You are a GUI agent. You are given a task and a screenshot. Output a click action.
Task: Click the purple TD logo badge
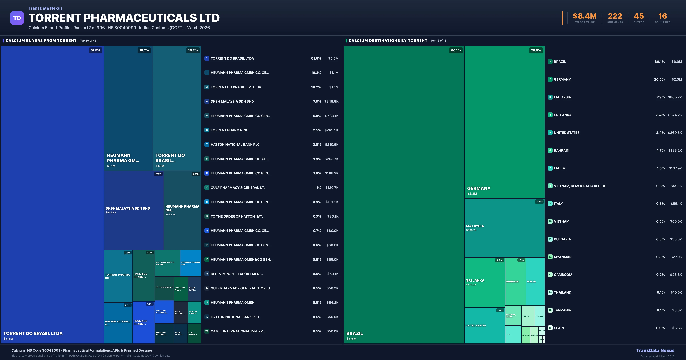coord(17,18)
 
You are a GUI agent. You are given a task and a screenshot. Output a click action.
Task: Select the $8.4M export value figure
coord(585,16)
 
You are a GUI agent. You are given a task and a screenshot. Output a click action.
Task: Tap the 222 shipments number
coord(615,16)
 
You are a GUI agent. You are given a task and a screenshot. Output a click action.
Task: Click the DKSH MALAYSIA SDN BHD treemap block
coord(134,210)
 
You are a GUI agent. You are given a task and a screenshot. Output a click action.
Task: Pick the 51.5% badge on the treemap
coord(95,50)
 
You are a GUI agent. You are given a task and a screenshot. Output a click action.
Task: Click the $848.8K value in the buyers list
coord(331,101)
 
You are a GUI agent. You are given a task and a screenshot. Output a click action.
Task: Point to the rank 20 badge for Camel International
coord(207,331)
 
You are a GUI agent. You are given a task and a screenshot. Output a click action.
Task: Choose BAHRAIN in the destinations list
coord(561,150)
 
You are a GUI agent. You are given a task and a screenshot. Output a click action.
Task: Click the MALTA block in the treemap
coord(535,281)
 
